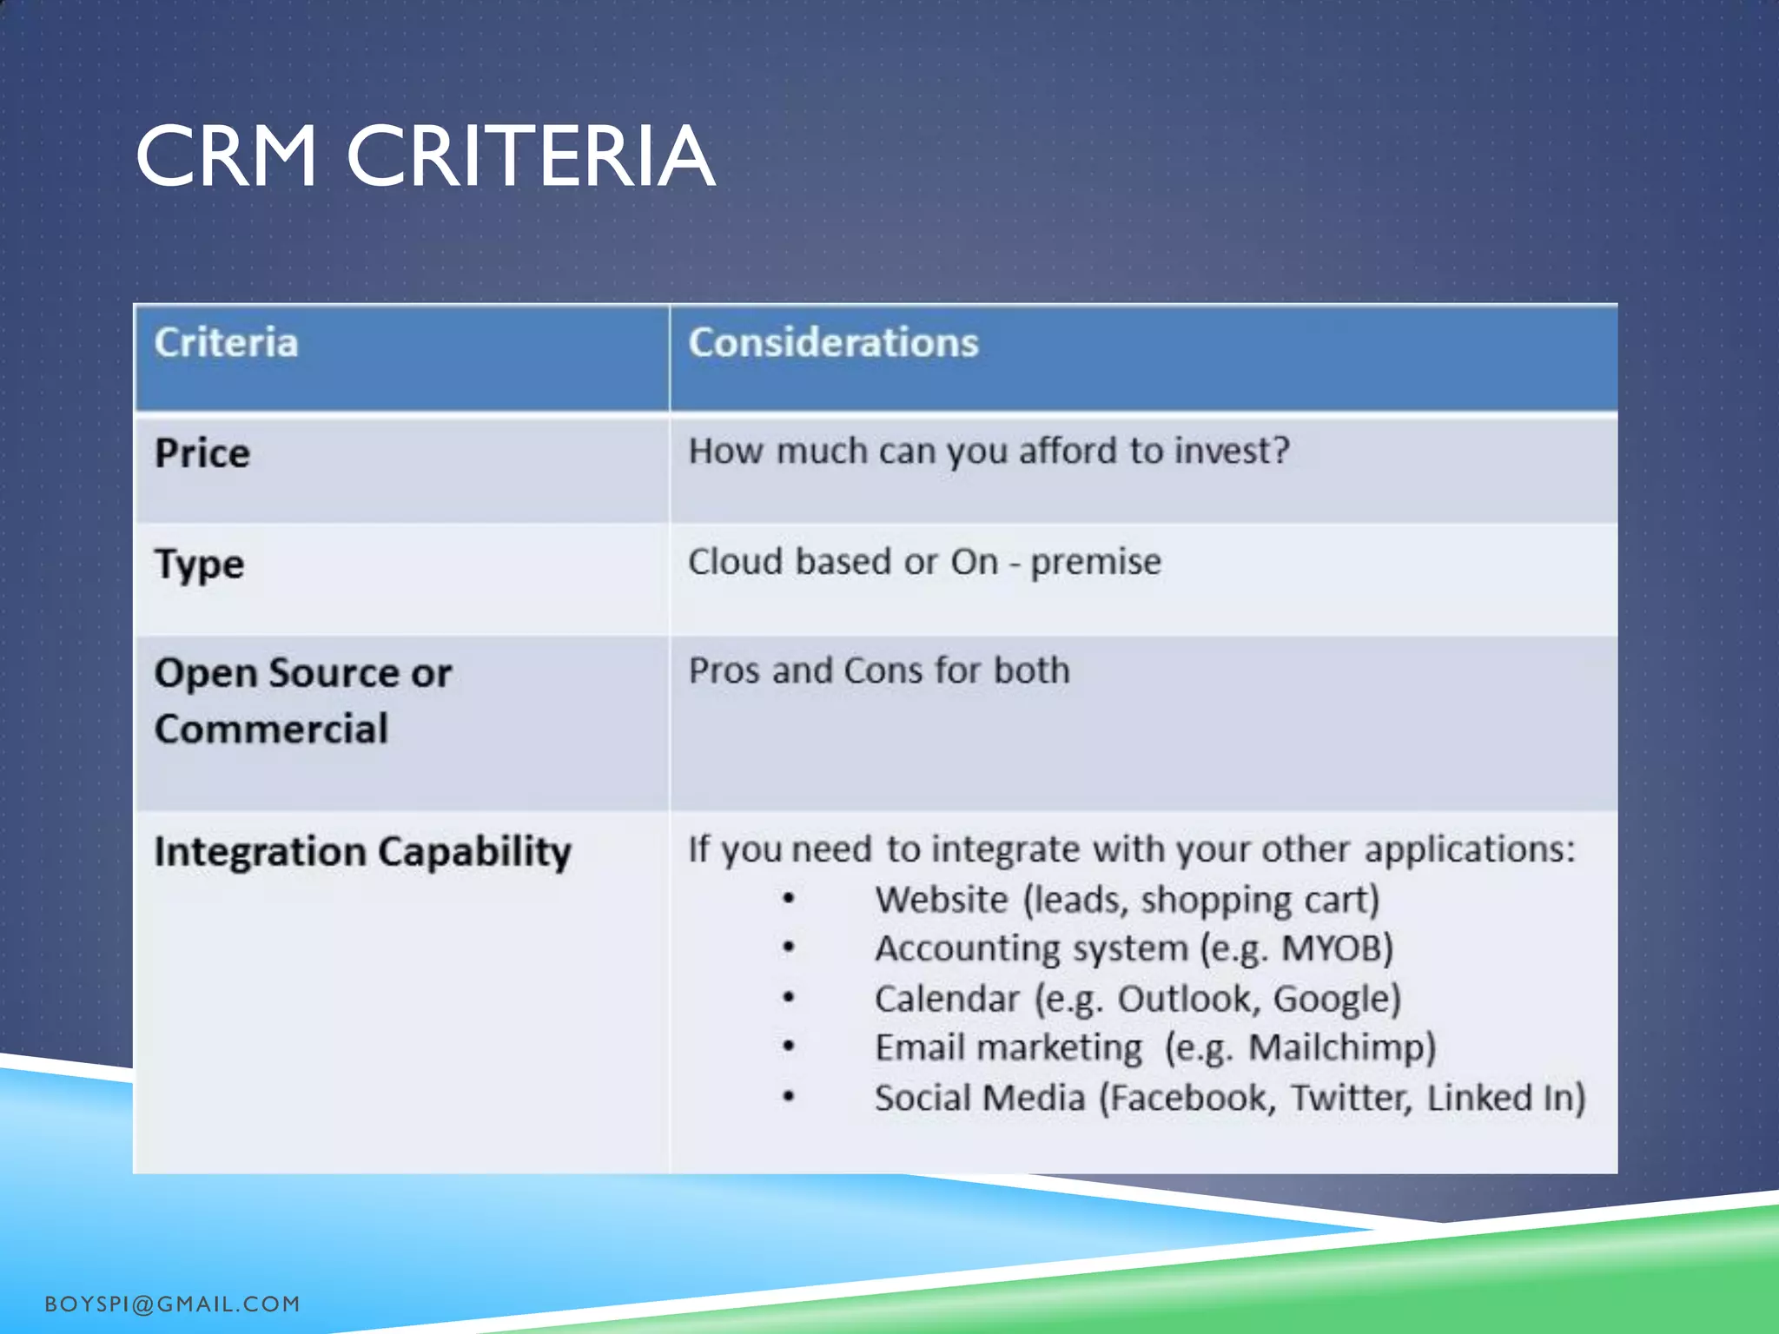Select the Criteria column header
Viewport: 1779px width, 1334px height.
226,342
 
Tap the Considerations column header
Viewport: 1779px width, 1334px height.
833,342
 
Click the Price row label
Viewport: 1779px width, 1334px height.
202,453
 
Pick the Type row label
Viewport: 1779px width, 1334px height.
199,565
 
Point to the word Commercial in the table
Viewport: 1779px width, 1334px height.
271,729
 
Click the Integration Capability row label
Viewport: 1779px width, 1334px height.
362,851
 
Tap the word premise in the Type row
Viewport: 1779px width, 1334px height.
1095,562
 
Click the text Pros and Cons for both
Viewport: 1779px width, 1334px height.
878,670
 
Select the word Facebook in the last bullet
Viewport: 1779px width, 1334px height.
1187,1098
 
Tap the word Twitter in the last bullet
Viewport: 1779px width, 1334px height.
1351,1098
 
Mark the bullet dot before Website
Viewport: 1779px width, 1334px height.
788,899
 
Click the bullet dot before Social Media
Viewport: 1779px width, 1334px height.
788,1097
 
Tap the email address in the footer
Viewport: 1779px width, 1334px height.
172,1304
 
